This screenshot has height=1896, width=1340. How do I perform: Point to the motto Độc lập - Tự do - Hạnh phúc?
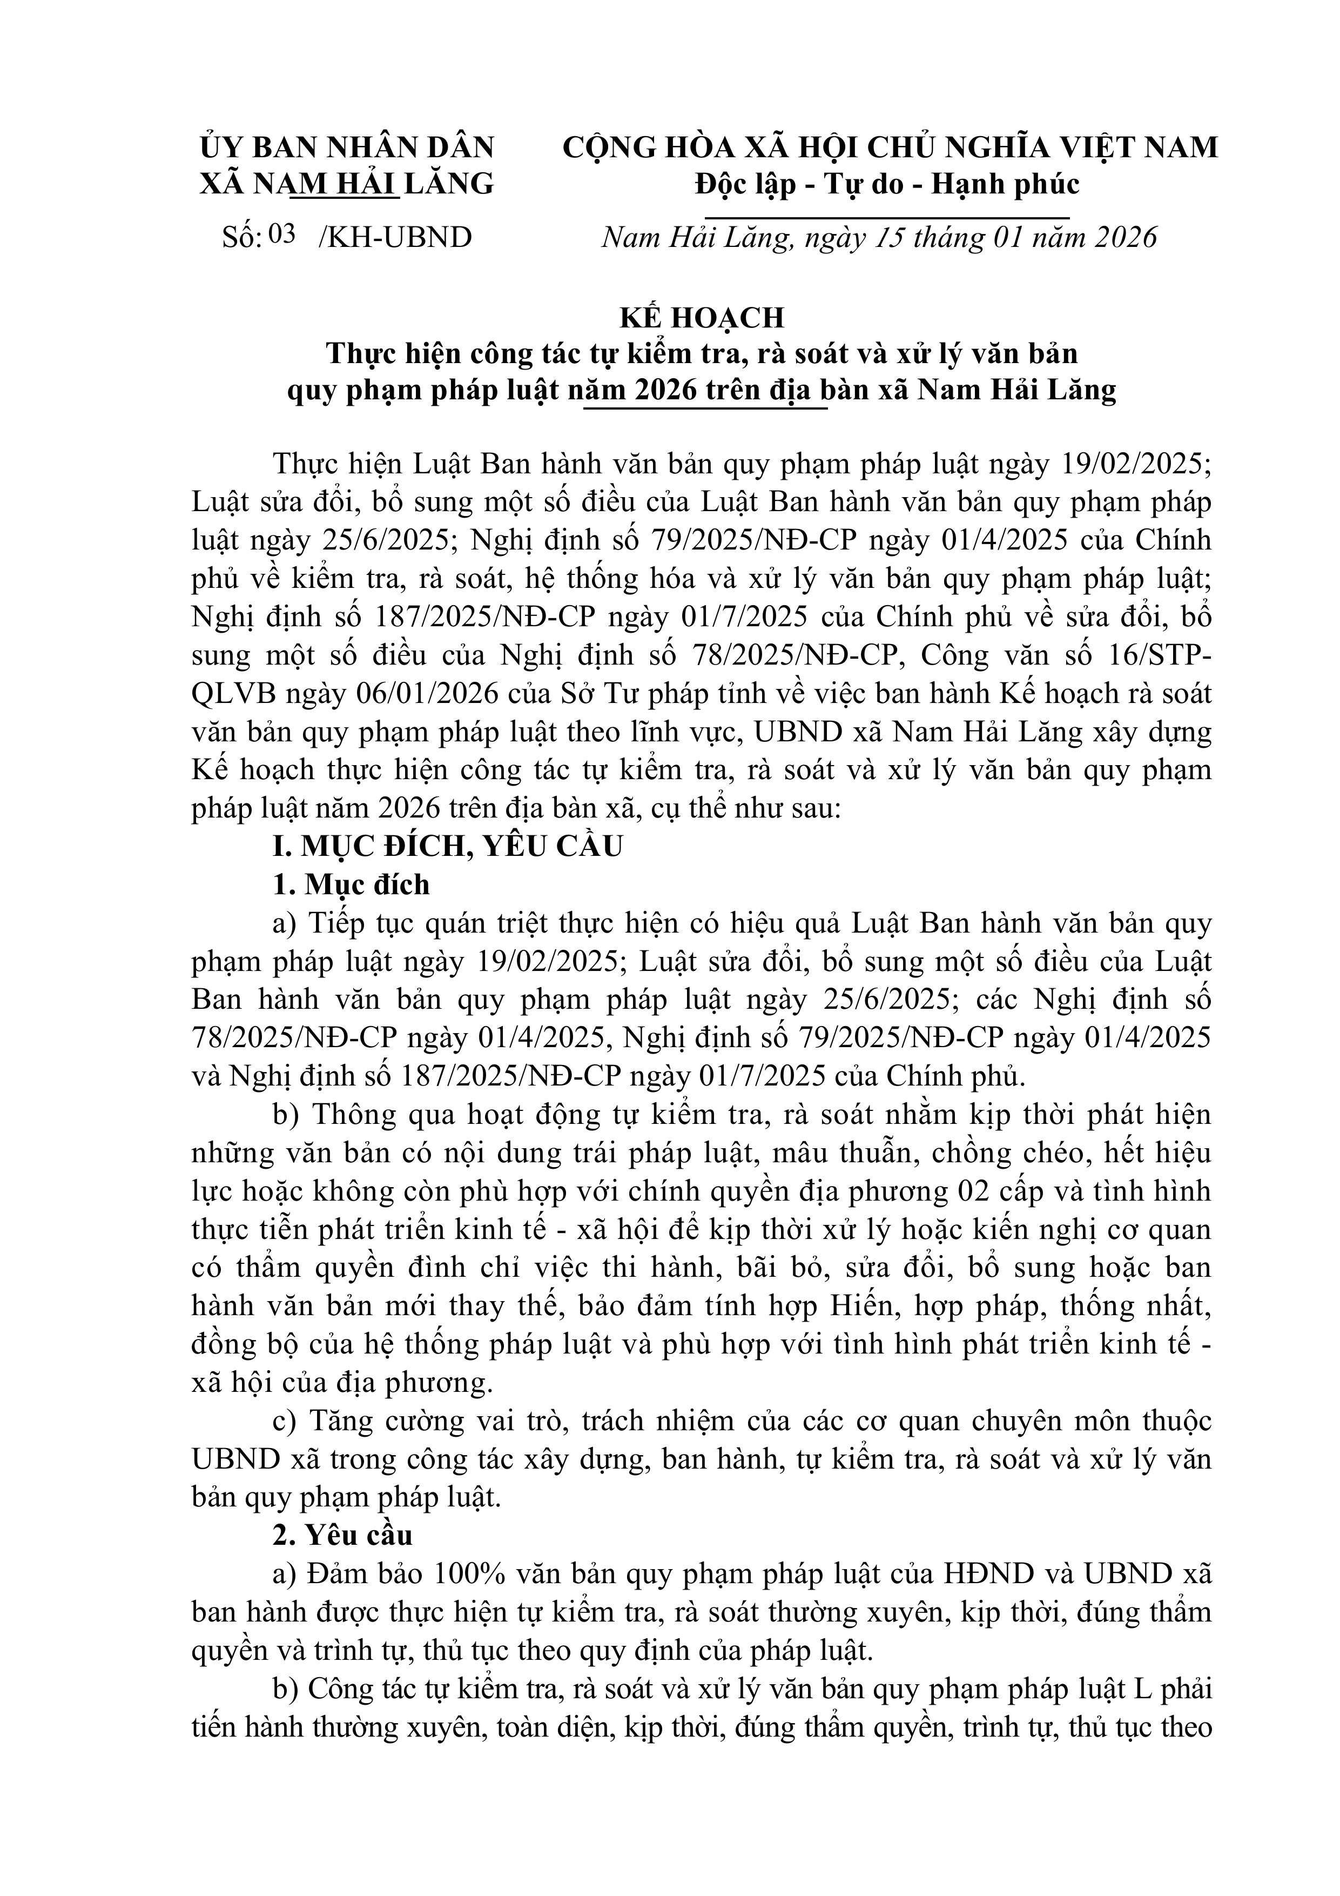[x=887, y=183]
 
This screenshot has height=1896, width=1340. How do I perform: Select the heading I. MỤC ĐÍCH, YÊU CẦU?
[x=448, y=847]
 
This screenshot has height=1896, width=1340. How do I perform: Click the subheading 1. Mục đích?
[x=351, y=885]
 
